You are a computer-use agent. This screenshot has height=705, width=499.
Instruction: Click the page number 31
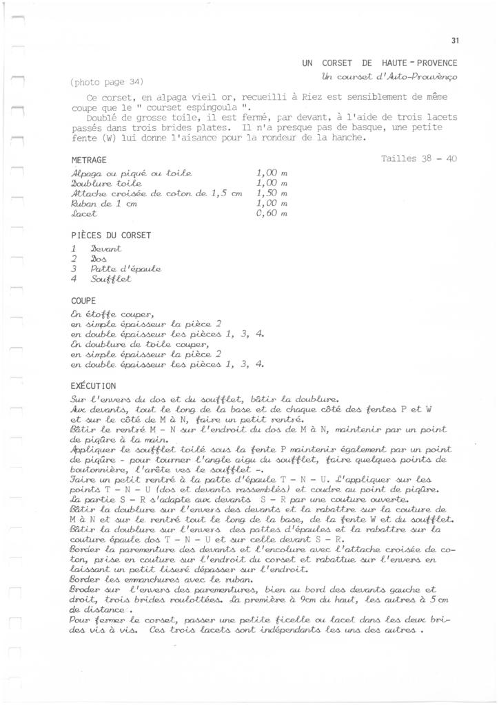coord(454,41)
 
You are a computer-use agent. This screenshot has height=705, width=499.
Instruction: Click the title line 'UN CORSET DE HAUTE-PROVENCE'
coord(380,63)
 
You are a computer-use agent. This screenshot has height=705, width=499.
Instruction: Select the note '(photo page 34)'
coord(107,82)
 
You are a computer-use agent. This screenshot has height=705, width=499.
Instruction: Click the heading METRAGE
coord(89,159)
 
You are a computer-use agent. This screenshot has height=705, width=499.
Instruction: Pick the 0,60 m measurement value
coord(271,215)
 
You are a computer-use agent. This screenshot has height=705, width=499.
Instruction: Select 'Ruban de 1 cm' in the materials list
coord(103,204)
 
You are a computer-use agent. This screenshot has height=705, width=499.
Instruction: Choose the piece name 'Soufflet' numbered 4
coord(110,280)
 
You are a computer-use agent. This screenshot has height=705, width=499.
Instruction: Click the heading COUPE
coord(84,301)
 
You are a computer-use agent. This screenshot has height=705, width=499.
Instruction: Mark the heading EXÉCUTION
coord(94,386)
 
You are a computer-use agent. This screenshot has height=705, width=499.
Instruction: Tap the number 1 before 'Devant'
coord(74,247)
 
